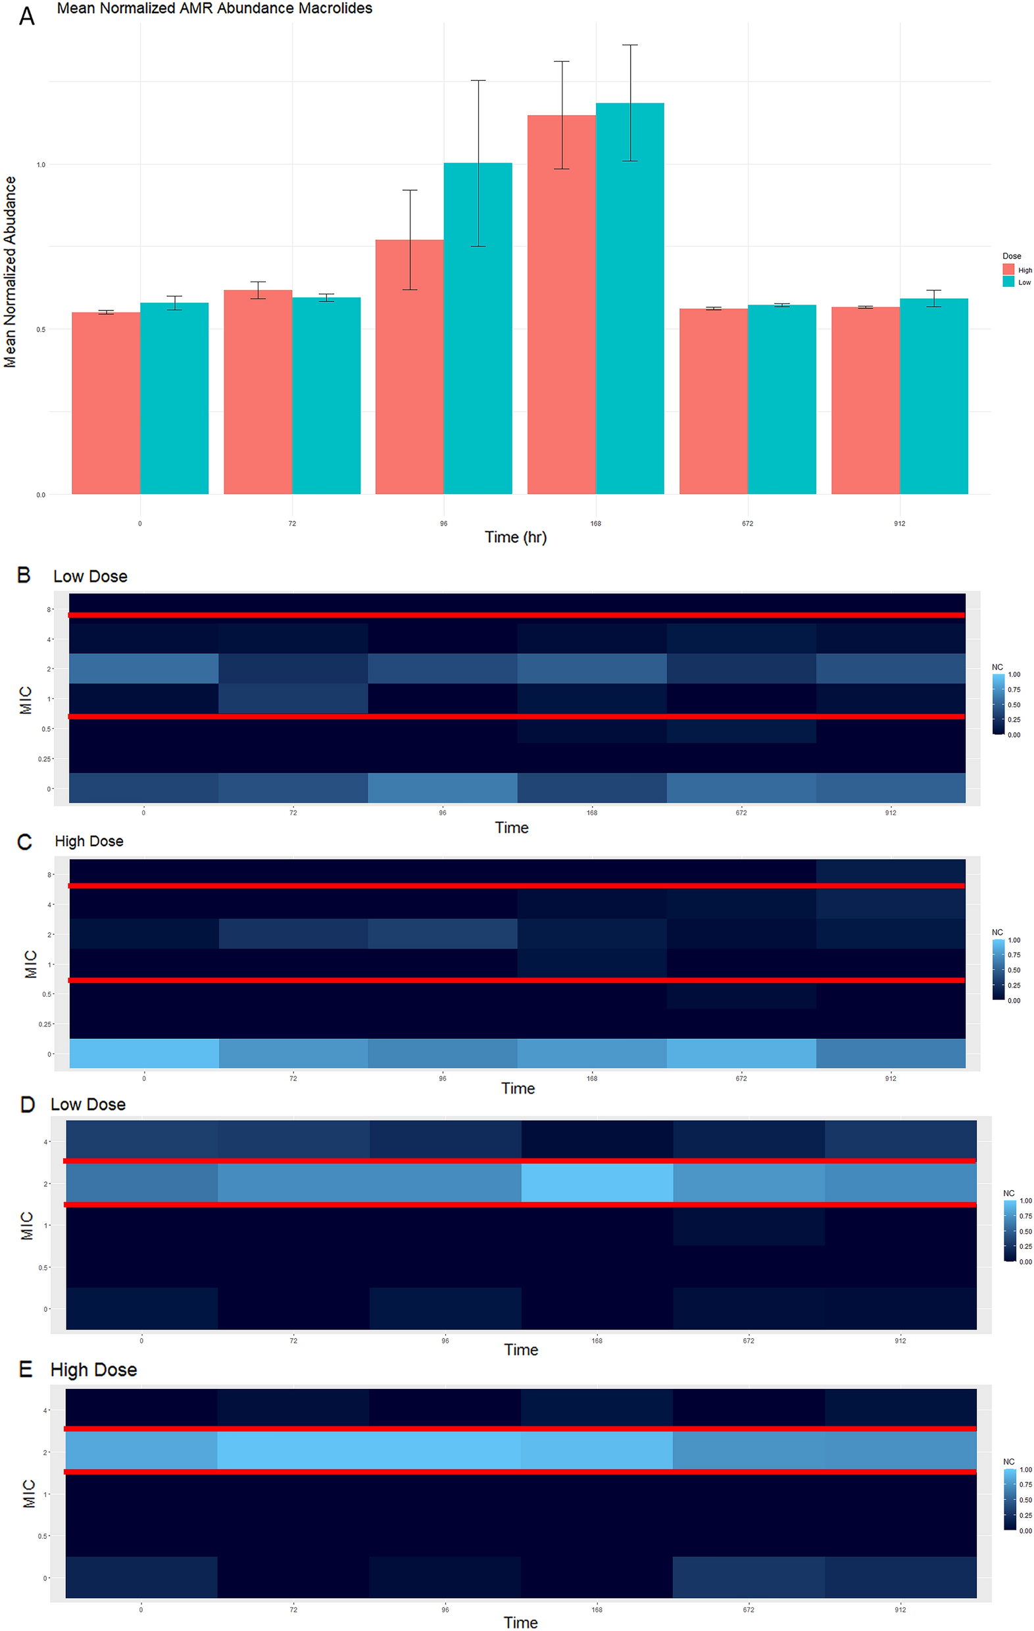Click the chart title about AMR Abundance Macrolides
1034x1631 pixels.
pyautogui.click(x=214, y=9)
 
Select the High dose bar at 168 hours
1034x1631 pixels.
pyautogui.click(x=561, y=305)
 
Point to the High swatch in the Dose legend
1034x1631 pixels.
pyautogui.click(x=1008, y=270)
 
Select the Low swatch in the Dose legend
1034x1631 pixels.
pyautogui.click(x=1008, y=282)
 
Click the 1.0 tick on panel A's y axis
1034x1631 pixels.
pyautogui.click(x=41, y=164)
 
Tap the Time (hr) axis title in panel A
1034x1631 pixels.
pyautogui.click(x=515, y=537)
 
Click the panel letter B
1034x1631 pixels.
pyautogui.click(x=24, y=575)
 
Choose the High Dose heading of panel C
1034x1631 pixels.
pyautogui.click(x=89, y=841)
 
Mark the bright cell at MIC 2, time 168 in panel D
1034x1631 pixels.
pyautogui.click(x=597, y=1182)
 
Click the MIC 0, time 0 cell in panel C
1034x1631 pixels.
pyautogui.click(x=144, y=1053)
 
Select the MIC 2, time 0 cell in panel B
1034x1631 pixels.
pyautogui.click(x=143, y=668)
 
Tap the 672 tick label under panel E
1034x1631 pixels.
pyautogui.click(x=749, y=1609)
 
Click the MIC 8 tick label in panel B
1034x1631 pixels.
pyautogui.click(x=49, y=610)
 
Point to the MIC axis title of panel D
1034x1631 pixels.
pyautogui.click(x=26, y=1225)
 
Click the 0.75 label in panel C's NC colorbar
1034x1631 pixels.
pyautogui.click(x=1014, y=955)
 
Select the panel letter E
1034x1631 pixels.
pyautogui.click(x=26, y=1370)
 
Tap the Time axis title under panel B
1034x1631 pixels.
pyautogui.click(x=511, y=828)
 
